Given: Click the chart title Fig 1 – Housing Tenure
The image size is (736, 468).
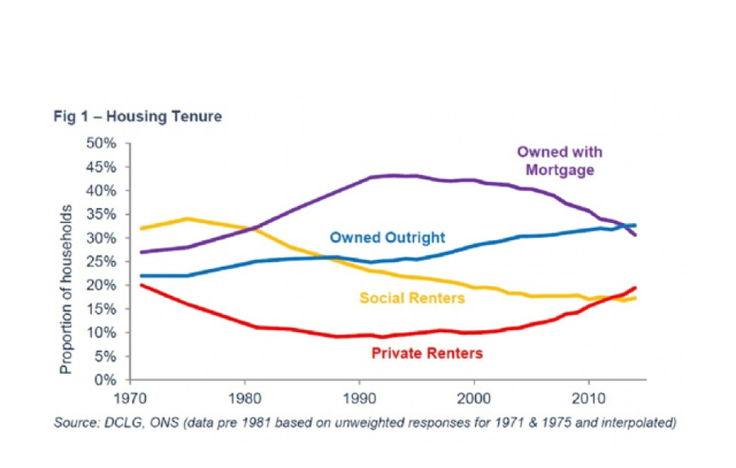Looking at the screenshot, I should pyautogui.click(x=139, y=117).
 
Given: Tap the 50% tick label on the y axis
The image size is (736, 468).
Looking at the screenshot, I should pyautogui.click(x=101, y=144).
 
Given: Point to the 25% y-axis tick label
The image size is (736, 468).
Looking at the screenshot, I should pyautogui.click(x=101, y=261).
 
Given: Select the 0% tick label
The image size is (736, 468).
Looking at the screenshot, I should pyautogui.click(x=106, y=380).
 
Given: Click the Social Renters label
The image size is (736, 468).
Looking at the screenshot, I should pyautogui.click(x=412, y=297).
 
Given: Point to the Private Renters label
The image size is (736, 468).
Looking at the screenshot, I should pyautogui.click(x=427, y=353).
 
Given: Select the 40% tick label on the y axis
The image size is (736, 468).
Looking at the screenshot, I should pyautogui.click(x=101, y=190).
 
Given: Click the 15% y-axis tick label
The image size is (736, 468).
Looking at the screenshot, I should pyautogui.click(x=101, y=309).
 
